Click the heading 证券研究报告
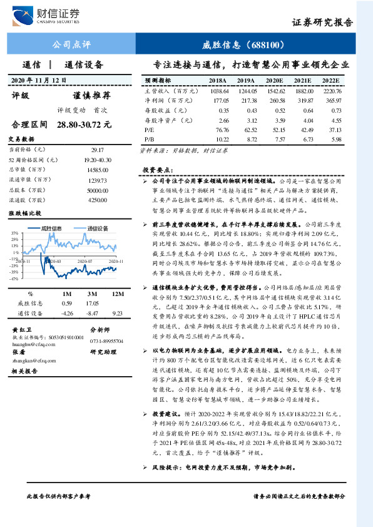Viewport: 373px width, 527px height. pos(322,22)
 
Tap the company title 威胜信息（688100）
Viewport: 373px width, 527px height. pos(244,45)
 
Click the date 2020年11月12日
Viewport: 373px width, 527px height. pos(39,80)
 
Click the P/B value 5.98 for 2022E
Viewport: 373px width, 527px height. pos(336,138)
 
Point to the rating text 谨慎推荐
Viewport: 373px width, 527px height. pos(92,96)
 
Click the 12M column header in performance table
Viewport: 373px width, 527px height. pos(116,294)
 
